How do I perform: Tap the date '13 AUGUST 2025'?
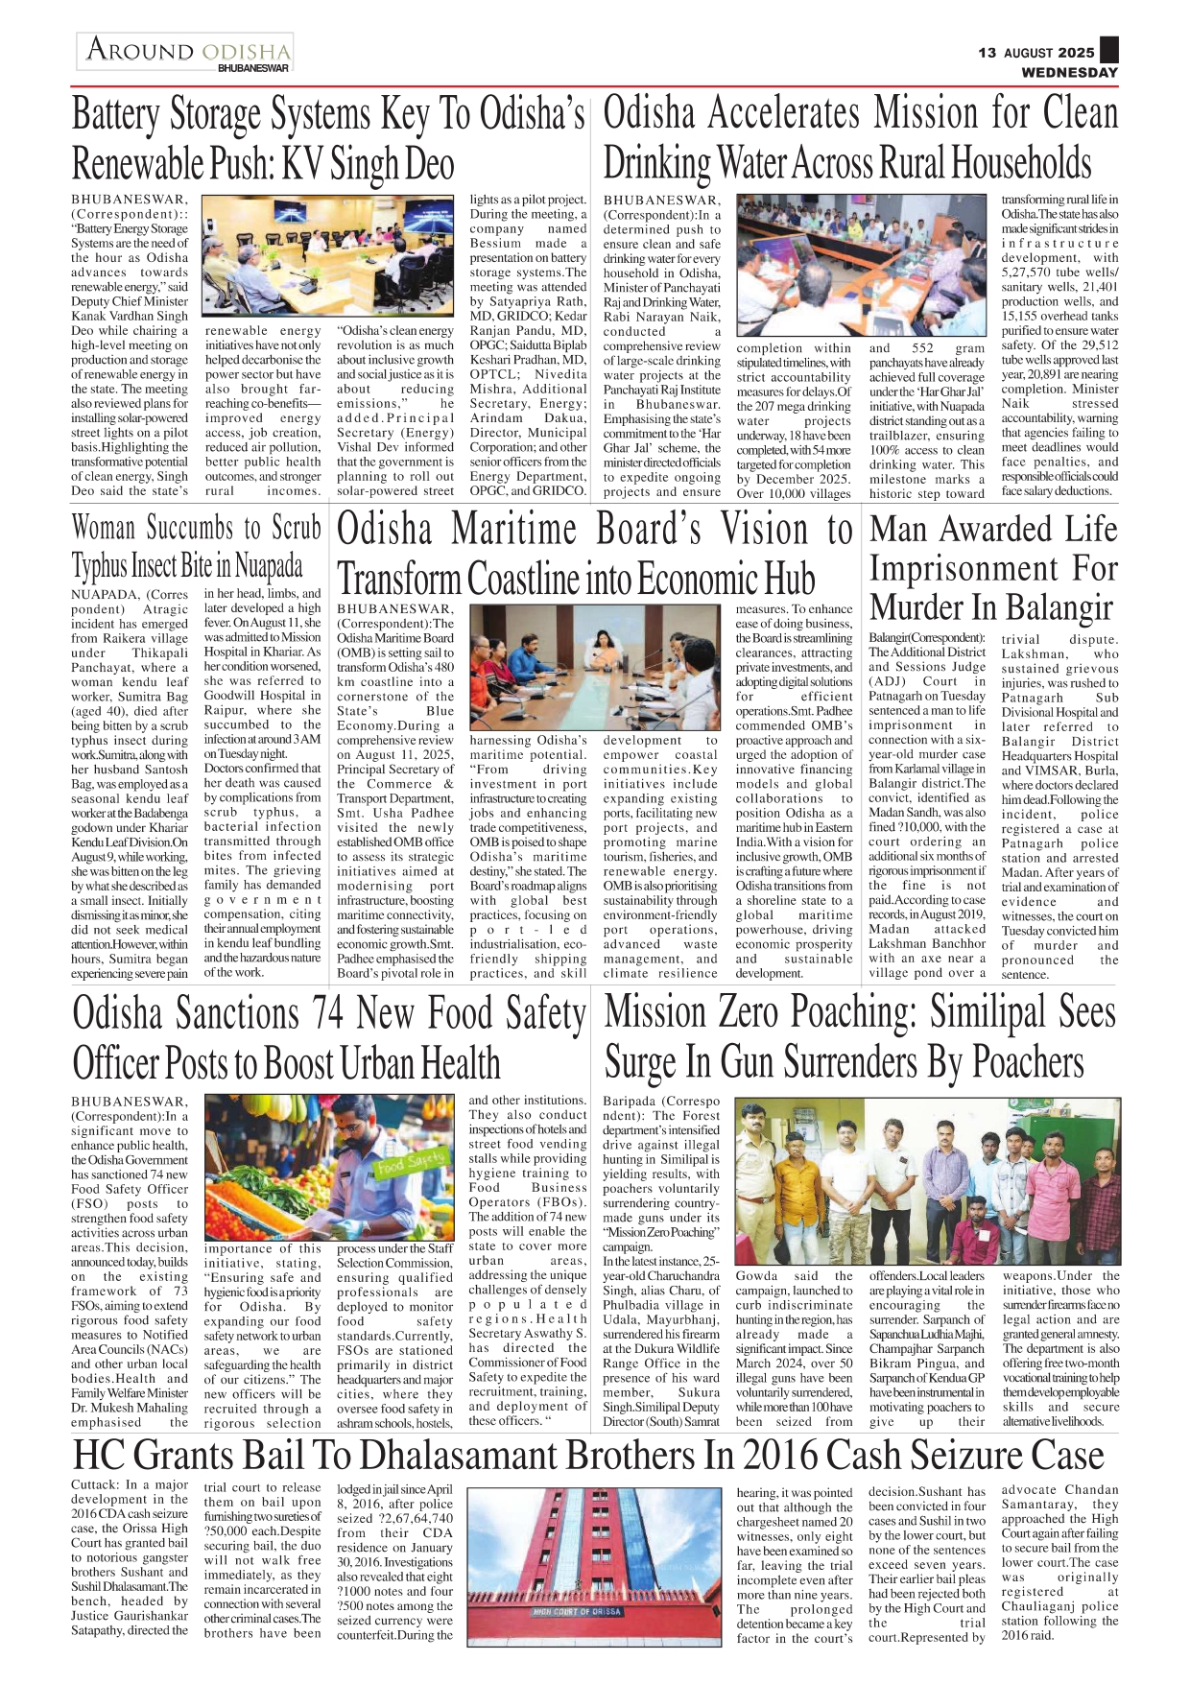pyautogui.click(x=1035, y=53)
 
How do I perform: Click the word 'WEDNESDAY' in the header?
pyautogui.click(x=1069, y=72)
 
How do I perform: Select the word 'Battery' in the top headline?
pyautogui.click(x=116, y=115)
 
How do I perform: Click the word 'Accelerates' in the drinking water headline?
pyautogui.click(x=783, y=113)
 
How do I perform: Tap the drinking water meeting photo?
pyautogui.click(x=861, y=263)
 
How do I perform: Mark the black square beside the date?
pyautogui.click(x=1108, y=50)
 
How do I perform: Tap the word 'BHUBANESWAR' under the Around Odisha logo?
pyautogui.click(x=253, y=69)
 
